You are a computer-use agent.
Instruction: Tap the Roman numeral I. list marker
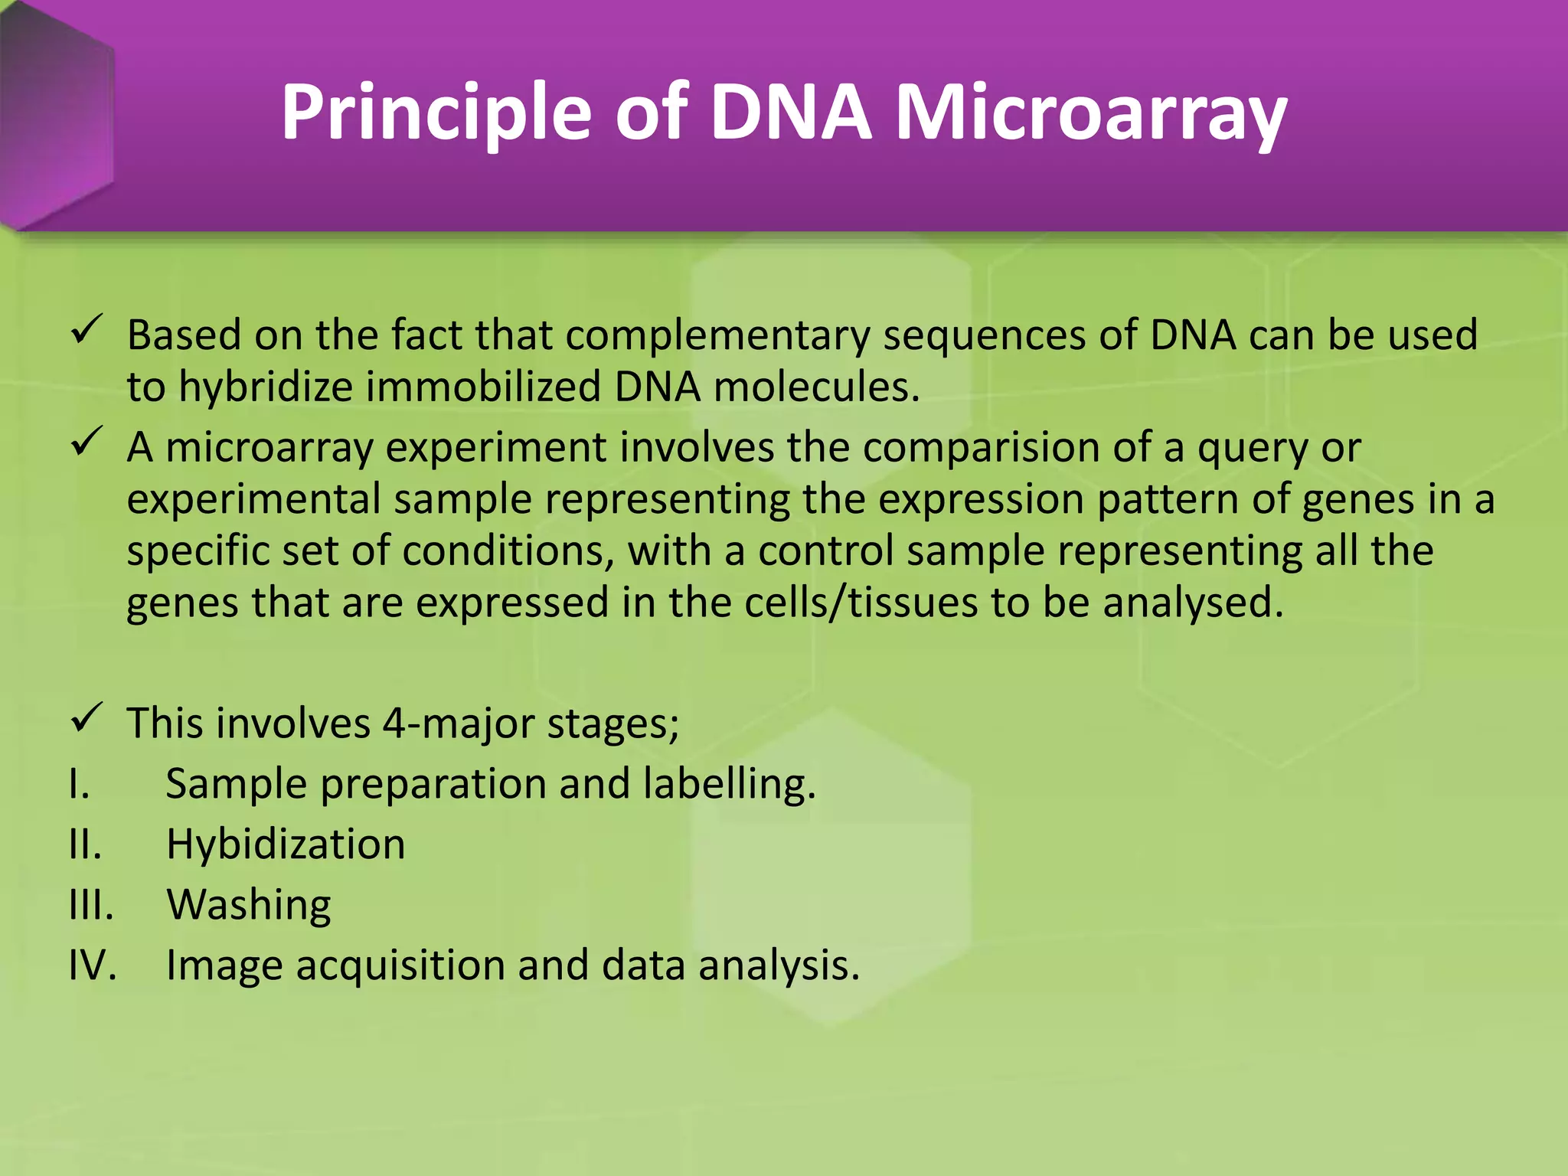(79, 785)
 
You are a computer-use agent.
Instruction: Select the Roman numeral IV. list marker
(93, 965)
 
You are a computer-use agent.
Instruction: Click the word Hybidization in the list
(286, 845)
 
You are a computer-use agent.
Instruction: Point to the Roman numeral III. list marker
(91, 906)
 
